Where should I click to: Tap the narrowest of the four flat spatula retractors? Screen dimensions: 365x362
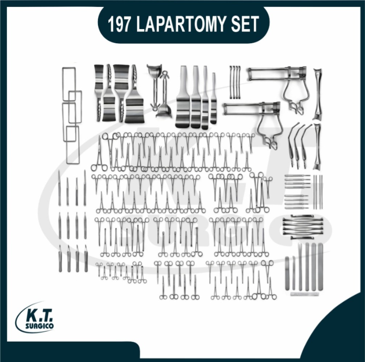(213, 98)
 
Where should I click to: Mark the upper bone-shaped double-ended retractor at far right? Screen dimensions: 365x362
(317, 94)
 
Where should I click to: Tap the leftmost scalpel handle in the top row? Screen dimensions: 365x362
(59, 187)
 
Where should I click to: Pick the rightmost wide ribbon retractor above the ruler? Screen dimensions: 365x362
(320, 267)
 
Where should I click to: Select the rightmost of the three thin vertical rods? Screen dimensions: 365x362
(322, 192)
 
